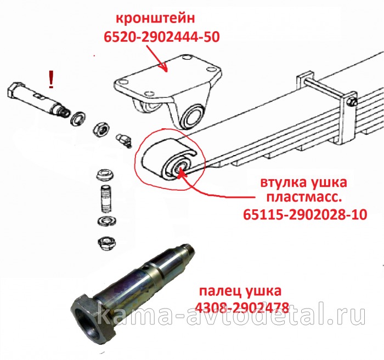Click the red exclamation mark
[52, 79]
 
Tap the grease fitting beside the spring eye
[124, 140]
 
